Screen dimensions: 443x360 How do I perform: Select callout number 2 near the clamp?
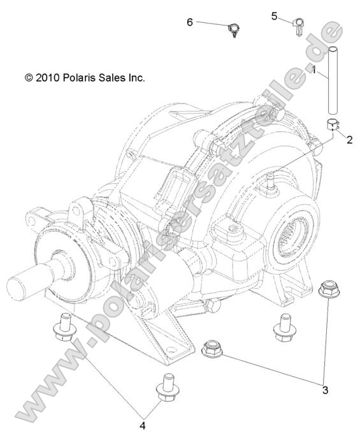[349, 141]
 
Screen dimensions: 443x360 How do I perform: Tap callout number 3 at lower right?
[326, 389]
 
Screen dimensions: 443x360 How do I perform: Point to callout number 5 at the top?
[274, 16]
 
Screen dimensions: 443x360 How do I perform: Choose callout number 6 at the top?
[190, 22]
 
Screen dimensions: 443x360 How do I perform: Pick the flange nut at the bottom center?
[212, 349]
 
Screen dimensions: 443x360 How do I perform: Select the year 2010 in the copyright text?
[48, 78]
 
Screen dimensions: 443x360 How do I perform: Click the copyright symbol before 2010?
[28, 78]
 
